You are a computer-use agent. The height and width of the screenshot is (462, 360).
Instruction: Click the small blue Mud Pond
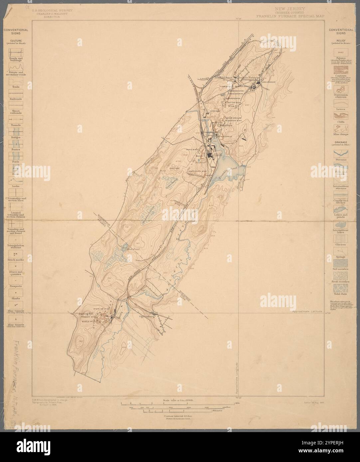[x=125, y=247]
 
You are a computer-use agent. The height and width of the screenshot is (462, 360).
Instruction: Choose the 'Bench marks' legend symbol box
[x=16, y=254]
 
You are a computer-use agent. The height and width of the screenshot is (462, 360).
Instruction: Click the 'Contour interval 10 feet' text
[x=178, y=416]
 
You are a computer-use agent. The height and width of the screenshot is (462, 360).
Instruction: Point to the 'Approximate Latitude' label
[x=308, y=311]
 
